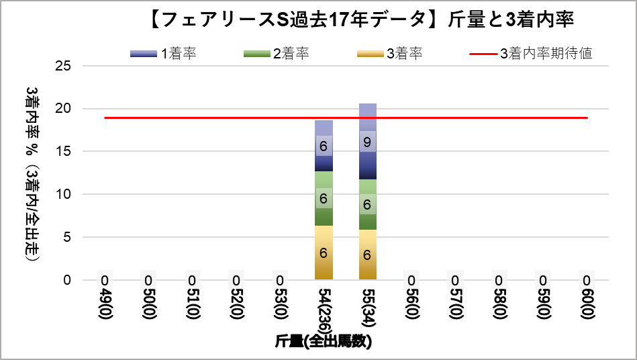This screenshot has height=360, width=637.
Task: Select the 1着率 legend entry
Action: pos(164,54)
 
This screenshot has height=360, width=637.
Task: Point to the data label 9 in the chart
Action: pos(367,142)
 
